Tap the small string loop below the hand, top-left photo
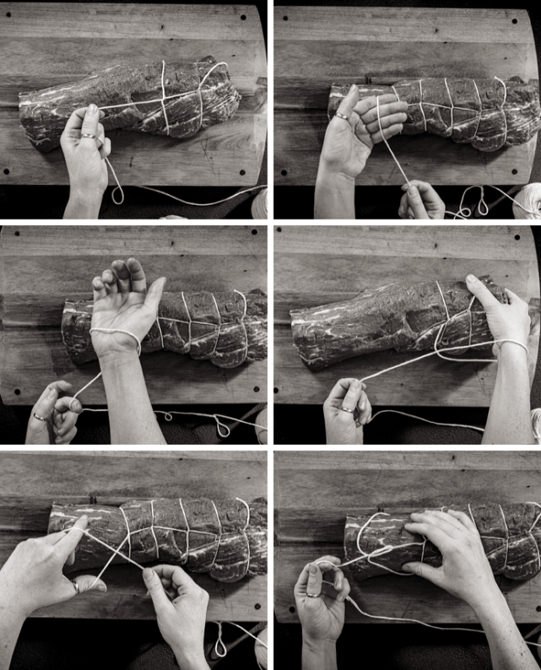(118, 197)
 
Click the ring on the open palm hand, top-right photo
(343, 117)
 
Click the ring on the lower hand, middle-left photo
(39, 417)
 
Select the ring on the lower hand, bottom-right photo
(313, 595)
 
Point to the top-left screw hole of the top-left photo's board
(18, 15)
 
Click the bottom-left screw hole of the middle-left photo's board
(17, 392)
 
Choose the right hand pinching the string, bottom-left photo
(172, 595)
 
